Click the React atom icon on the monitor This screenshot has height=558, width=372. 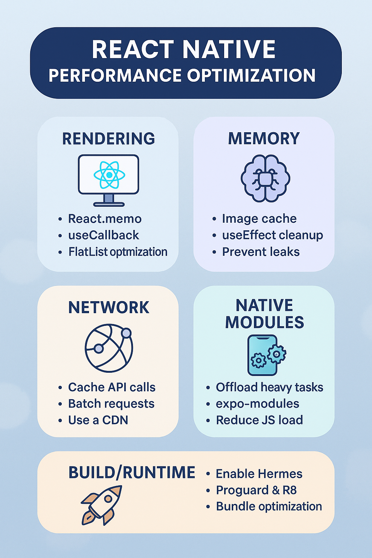pos(109,175)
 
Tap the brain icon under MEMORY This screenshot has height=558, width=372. pos(265,178)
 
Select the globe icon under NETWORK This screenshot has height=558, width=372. pos(109,348)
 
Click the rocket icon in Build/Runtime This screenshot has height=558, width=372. pos(101,505)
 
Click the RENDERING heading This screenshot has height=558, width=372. pos(109,139)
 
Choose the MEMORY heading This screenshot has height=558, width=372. pos(264,139)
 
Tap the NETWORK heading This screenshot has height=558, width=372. pos(109,308)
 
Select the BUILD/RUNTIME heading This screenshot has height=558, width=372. pos(132,473)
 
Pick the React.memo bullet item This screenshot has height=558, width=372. pos(105,219)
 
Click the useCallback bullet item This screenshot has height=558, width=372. pos(104,235)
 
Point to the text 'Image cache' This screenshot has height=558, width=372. pos(259,219)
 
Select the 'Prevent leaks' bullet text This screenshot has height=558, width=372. pos(261,252)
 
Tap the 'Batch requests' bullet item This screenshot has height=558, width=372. pos(111,404)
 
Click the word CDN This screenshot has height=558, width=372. pos(115,420)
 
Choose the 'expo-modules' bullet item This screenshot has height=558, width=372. pos(257,404)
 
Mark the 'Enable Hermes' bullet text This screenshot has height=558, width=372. pos(259,474)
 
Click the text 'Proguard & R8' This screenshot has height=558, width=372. pos(256,490)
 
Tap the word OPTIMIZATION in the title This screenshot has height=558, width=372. pos(251,76)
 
